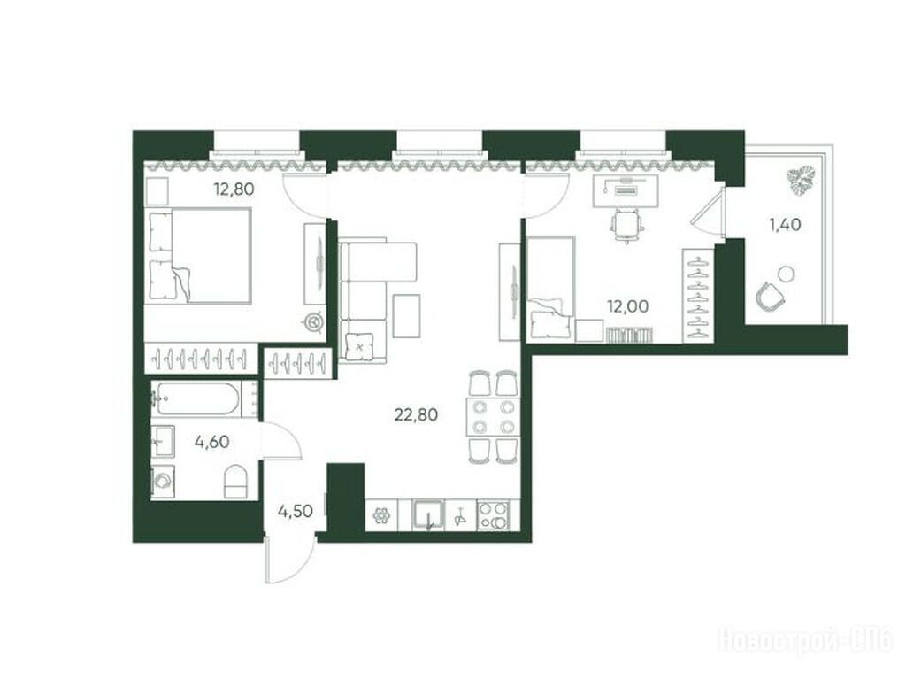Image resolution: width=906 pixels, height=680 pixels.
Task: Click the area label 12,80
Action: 234,189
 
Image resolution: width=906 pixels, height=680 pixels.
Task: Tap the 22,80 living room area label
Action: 416,414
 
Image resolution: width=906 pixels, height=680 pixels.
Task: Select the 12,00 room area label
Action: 627,306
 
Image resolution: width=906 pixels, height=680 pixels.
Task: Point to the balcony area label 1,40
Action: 785,224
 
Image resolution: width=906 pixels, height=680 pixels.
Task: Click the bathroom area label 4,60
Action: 212,443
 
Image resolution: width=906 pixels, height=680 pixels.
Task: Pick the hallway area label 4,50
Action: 296,511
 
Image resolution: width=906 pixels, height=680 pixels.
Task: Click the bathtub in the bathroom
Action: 196,398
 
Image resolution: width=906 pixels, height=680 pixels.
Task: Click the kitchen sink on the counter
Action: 427,514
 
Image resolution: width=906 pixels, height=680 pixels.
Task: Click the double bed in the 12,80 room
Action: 200,256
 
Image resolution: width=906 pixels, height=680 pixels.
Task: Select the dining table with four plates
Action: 492,416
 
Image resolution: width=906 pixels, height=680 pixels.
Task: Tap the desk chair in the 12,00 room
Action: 628,226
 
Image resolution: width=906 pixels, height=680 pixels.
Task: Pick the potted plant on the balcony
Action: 801,179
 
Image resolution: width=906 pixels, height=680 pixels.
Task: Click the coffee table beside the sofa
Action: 407,316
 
